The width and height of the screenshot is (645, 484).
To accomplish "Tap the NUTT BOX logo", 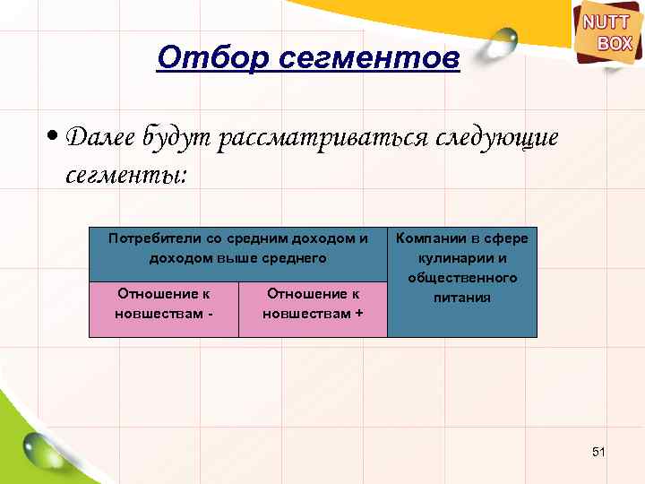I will point(608,33).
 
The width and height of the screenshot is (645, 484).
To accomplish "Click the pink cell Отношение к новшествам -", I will point(164,309).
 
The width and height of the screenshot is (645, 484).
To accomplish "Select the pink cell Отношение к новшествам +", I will point(313,309).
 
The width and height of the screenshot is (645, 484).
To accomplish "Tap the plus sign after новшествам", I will point(359,314).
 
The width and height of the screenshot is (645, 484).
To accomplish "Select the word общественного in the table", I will point(462,278).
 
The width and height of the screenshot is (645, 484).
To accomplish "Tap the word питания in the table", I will point(462,298).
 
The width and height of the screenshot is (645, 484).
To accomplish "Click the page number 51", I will point(599,452).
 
